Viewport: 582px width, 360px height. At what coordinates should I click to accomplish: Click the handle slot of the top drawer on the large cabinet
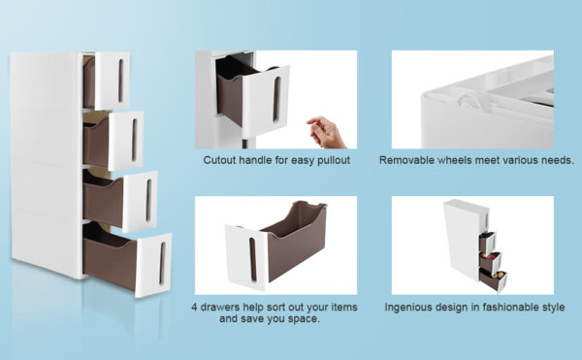(121, 81)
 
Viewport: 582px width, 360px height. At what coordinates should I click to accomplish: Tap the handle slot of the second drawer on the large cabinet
(135, 140)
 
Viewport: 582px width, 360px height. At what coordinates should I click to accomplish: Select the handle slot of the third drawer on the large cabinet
(148, 200)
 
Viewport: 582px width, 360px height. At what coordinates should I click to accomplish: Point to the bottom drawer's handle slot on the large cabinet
(162, 264)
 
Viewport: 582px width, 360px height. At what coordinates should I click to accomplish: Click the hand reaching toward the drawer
(326, 132)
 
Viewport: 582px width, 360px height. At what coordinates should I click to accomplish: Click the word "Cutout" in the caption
(219, 160)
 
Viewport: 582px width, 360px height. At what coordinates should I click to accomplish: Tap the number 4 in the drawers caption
(194, 308)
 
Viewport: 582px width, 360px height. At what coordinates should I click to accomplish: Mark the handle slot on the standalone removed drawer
(253, 259)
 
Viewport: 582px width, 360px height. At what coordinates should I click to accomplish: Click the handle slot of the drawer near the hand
(276, 99)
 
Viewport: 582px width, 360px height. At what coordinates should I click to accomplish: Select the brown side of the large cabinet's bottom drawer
(110, 262)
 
